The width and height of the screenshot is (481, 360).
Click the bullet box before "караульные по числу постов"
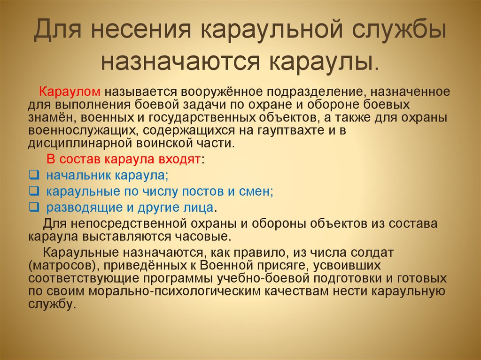click(x=33, y=191)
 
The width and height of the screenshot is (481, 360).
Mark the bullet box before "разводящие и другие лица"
click(x=33, y=207)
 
